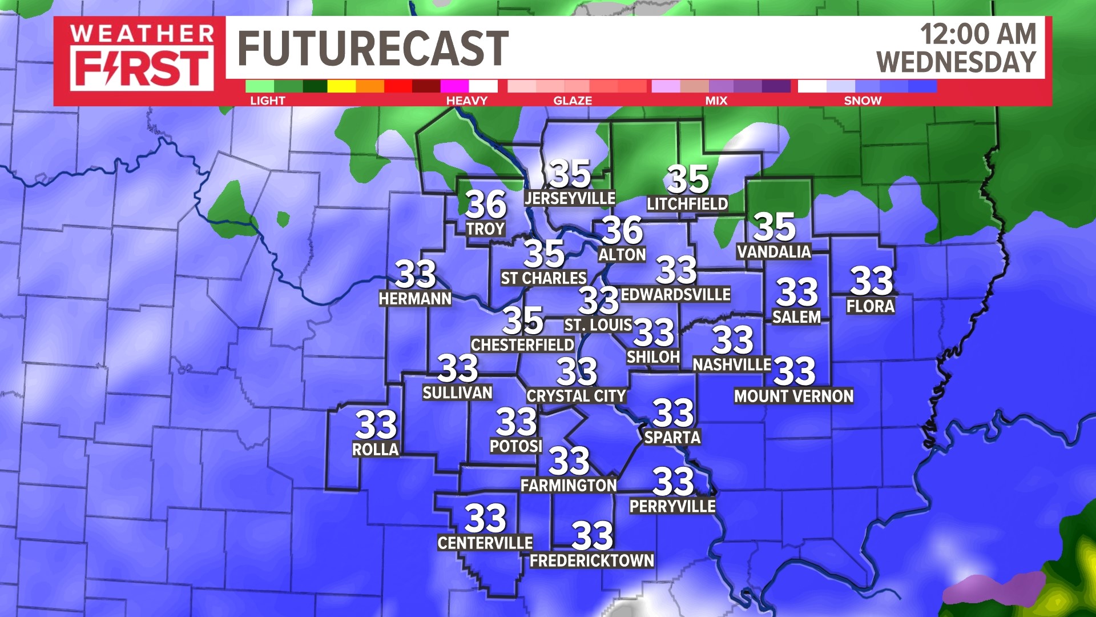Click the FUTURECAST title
pos(372,49)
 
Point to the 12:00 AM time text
pos(978,34)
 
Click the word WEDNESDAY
pos(956,62)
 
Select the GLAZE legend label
pos(573,101)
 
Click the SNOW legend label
pos(863,101)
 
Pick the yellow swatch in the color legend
pos(341,86)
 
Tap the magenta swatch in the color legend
pos(454,86)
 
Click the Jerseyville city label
pos(570,198)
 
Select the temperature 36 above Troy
pos(485,204)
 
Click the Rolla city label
pos(375,450)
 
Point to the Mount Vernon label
pos(793,396)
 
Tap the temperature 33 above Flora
pos(871,281)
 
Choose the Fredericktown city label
pos(592,560)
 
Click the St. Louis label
pos(598,325)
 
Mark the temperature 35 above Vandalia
pos(774,227)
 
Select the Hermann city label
pos(415,298)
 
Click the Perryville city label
pos(672,506)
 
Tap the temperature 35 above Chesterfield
pos(522,320)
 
